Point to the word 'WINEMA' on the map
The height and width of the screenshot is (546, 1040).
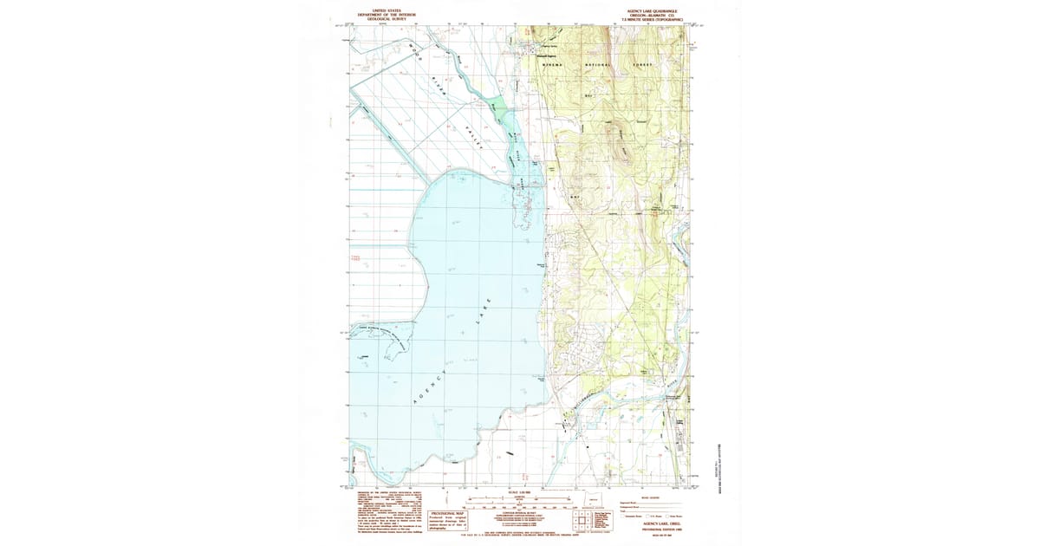[554, 65]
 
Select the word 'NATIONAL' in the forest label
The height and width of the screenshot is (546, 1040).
[598, 65]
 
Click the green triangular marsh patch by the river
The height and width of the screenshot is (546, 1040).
[477, 102]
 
